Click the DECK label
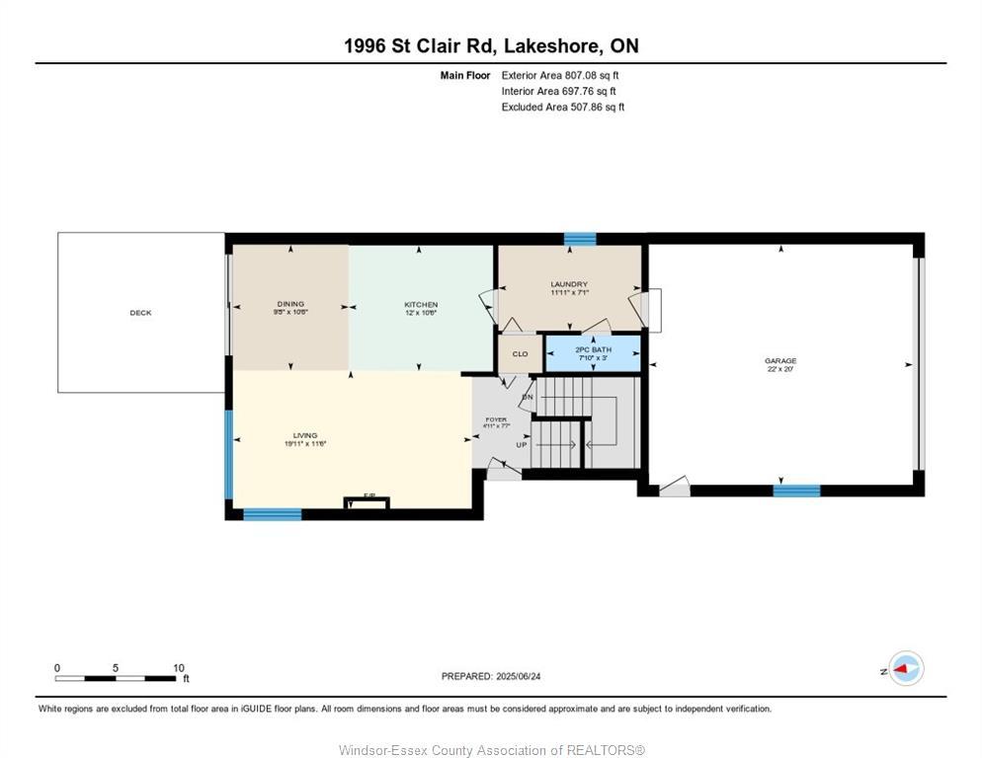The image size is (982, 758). pyautogui.click(x=140, y=313)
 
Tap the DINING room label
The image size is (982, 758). pyautogui.click(x=290, y=304)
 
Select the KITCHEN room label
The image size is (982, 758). pyautogui.click(x=421, y=304)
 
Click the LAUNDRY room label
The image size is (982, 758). pyautogui.click(x=569, y=284)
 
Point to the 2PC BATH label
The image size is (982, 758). pyautogui.click(x=594, y=349)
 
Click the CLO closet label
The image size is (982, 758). pyautogui.click(x=520, y=353)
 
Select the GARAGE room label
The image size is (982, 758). pyautogui.click(x=780, y=361)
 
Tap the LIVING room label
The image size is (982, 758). pyautogui.click(x=305, y=435)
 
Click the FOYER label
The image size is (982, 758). pyautogui.click(x=495, y=419)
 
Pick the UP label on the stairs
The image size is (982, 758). pyautogui.click(x=521, y=445)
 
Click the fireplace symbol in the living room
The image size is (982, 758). pyautogui.click(x=367, y=503)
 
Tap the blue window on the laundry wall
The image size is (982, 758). pyautogui.click(x=580, y=239)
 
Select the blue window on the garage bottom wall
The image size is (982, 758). pyautogui.click(x=795, y=490)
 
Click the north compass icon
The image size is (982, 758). pyautogui.click(x=904, y=669)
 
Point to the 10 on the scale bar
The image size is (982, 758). pyautogui.click(x=178, y=668)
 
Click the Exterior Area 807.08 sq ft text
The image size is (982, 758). pyautogui.click(x=560, y=75)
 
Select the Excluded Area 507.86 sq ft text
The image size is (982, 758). pyautogui.click(x=562, y=108)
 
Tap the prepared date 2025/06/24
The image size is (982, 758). pyautogui.click(x=491, y=676)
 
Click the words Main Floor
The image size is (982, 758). pyautogui.click(x=465, y=75)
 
